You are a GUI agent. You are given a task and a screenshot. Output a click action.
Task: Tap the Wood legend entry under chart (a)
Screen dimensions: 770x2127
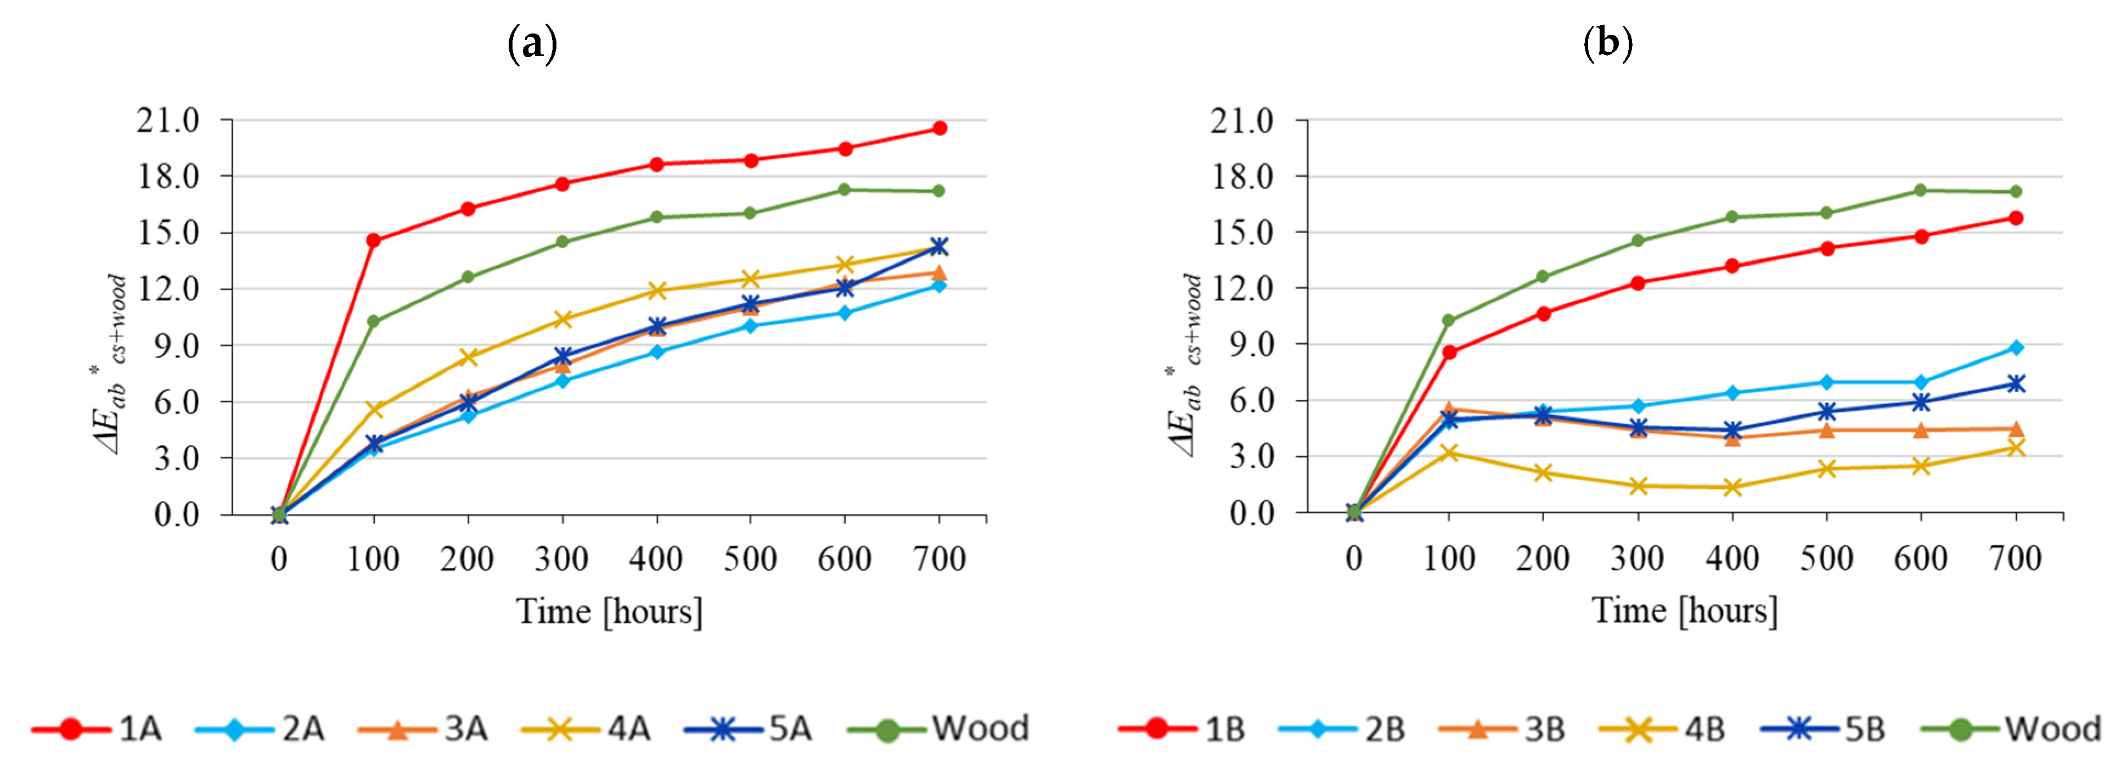point(939,729)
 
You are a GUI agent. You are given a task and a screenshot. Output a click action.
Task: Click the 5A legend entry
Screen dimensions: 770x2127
point(750,729)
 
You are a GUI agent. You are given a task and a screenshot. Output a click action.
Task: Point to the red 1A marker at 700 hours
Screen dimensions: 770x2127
point(939,128)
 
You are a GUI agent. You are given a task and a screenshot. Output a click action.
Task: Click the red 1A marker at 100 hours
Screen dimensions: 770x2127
point(373,241)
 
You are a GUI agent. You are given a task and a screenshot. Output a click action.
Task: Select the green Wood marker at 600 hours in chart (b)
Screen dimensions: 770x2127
point(1921,190)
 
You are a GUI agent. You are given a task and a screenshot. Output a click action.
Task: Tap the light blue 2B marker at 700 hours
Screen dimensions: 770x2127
point(2016,348)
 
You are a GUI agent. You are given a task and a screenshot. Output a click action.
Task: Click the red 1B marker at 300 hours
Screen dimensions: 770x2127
point(1638,282)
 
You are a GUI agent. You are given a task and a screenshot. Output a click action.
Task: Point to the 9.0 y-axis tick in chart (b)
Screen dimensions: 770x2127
point(1252,344)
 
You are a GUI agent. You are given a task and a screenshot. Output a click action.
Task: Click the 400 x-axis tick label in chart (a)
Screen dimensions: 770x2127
point(656,559)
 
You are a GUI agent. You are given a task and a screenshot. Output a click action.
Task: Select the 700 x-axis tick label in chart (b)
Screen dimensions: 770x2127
point(2016,559)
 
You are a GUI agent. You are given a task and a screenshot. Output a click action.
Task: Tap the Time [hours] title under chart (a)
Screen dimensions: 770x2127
point(609,611)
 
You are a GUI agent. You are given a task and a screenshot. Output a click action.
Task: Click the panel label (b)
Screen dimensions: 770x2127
point(1607,41)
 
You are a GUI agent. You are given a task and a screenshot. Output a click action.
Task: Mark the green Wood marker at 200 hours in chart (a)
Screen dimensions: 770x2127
point(468,277)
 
